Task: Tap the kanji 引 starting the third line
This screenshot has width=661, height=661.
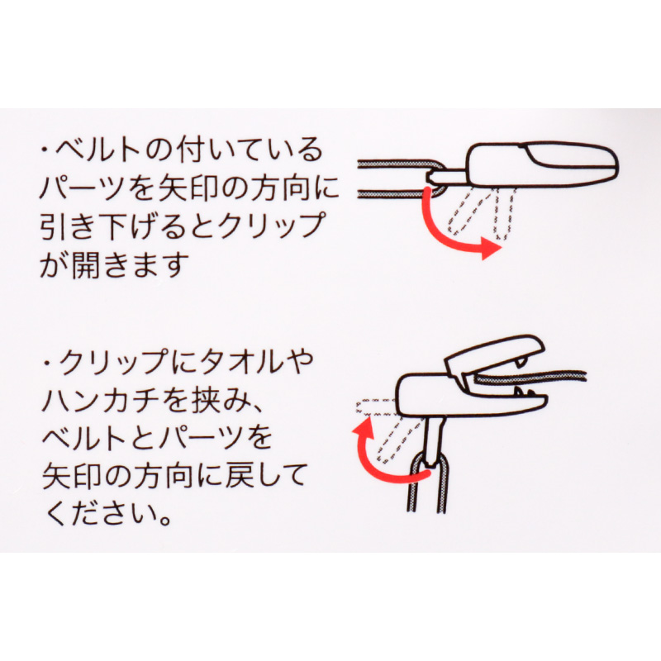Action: (x=55, y=226)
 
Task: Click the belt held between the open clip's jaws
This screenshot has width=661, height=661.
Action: (x=531, y=378)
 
